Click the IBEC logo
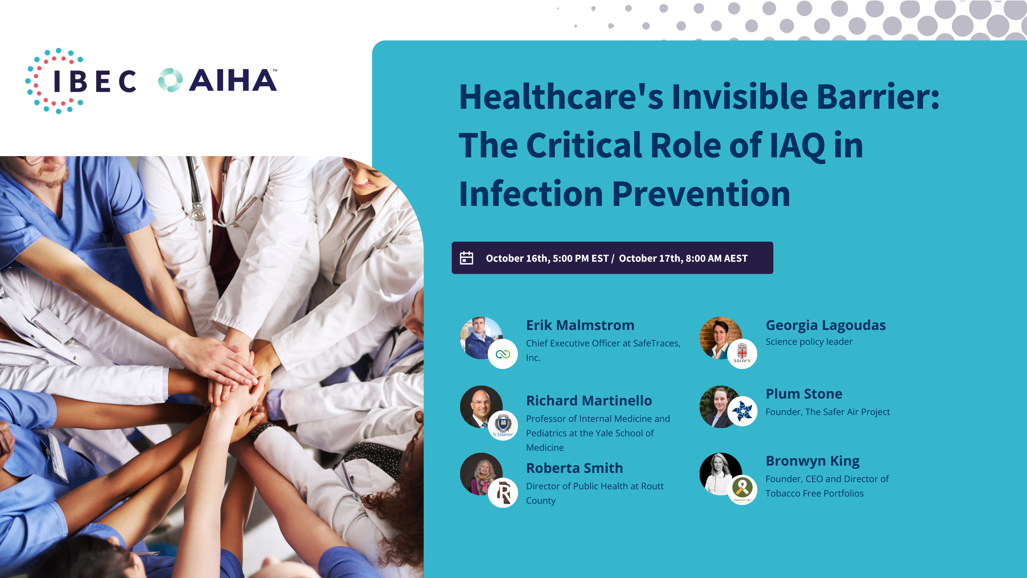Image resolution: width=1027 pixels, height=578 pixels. tap(81, 81)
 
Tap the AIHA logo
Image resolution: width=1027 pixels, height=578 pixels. tap(218, 80)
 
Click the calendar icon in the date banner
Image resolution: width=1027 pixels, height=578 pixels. tap(466, 258)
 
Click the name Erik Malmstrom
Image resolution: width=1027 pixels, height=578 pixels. tap(580, 325)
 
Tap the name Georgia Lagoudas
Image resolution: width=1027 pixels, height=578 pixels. tap(826, 326)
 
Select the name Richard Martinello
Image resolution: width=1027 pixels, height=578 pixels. tap(589, 401)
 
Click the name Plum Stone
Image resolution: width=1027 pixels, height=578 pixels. tap(804, 394)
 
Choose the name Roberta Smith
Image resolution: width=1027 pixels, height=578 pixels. tap(574, 468)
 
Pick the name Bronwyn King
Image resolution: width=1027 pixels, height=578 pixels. tap(812, 461)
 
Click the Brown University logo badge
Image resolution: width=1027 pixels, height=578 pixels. tap(742, 354)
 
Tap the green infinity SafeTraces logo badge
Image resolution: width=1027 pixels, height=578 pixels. tap(503, 354)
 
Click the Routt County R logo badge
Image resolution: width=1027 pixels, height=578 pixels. tap(503, 493)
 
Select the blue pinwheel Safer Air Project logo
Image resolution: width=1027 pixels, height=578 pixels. tap(742, 411)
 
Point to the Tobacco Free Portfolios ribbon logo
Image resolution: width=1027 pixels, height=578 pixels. tap(742, 490)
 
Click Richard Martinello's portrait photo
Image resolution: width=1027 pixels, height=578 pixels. tap(481, 407)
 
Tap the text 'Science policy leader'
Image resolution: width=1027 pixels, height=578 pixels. tap(809, 342)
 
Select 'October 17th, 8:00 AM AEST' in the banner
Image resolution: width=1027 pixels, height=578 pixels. tap(683, 258)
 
